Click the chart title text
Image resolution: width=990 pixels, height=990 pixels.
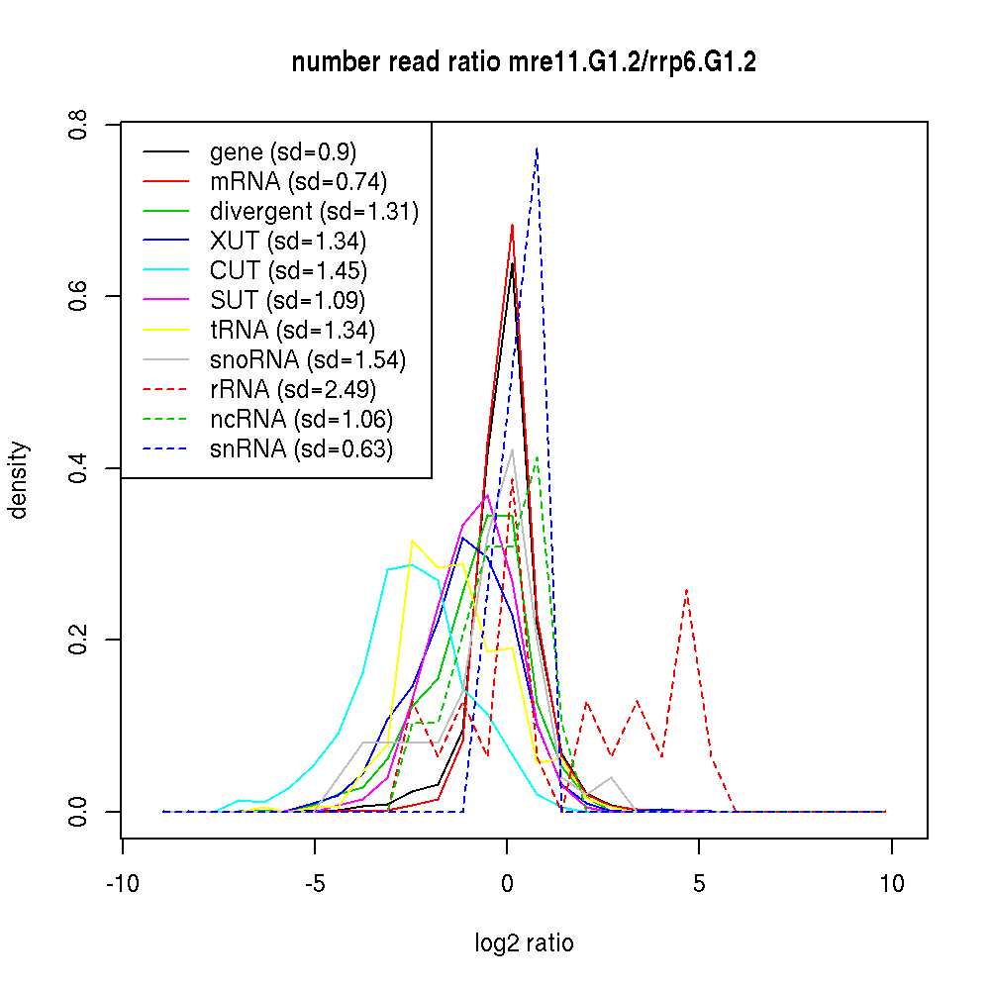524,63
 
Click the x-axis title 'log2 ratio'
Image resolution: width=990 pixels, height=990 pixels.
524,943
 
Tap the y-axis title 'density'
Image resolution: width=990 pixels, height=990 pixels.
19,479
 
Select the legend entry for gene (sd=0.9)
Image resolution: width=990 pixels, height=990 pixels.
283,152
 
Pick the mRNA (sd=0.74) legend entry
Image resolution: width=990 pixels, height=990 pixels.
298,182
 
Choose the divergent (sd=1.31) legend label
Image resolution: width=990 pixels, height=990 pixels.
314,212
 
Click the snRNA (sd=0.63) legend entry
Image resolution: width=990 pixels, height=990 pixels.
301,449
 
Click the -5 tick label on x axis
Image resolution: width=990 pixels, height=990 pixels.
315,884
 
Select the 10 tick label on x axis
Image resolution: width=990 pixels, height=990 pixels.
891,884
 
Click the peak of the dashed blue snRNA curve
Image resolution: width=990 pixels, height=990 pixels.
537,148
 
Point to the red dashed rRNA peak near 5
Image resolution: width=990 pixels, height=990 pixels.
686,589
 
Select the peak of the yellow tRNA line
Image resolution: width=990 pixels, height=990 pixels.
412,541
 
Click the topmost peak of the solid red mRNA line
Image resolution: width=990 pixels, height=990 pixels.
512,225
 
